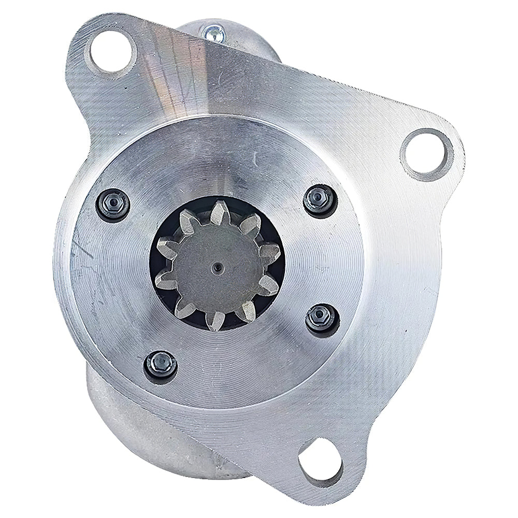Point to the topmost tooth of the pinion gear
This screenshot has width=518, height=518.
tap(218, 211)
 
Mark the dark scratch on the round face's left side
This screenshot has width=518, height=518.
tap(83, 254)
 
